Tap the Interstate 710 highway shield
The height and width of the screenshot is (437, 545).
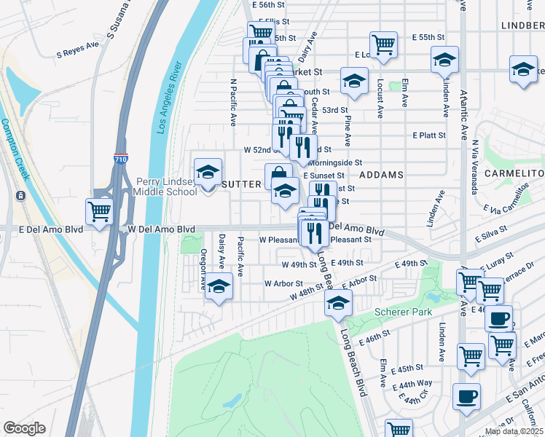coord(119,158)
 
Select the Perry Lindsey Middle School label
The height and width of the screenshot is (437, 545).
coord(167,186)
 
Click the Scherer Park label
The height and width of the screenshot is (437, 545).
coord(403,312)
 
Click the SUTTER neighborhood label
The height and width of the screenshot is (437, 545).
coord(241,184)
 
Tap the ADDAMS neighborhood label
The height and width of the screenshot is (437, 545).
coord(381,176)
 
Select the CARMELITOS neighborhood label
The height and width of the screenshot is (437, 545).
coord(517,174)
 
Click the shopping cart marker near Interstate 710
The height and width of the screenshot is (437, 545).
coord(99,211)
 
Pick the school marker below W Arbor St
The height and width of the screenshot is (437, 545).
coord(218,286)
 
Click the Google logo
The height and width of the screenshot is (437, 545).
coord(24,428)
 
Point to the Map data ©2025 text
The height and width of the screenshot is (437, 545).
coord(513,431)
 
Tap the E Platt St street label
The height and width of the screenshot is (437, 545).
coord(428,135)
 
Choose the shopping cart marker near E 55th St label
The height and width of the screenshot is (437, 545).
coord(383,44)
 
